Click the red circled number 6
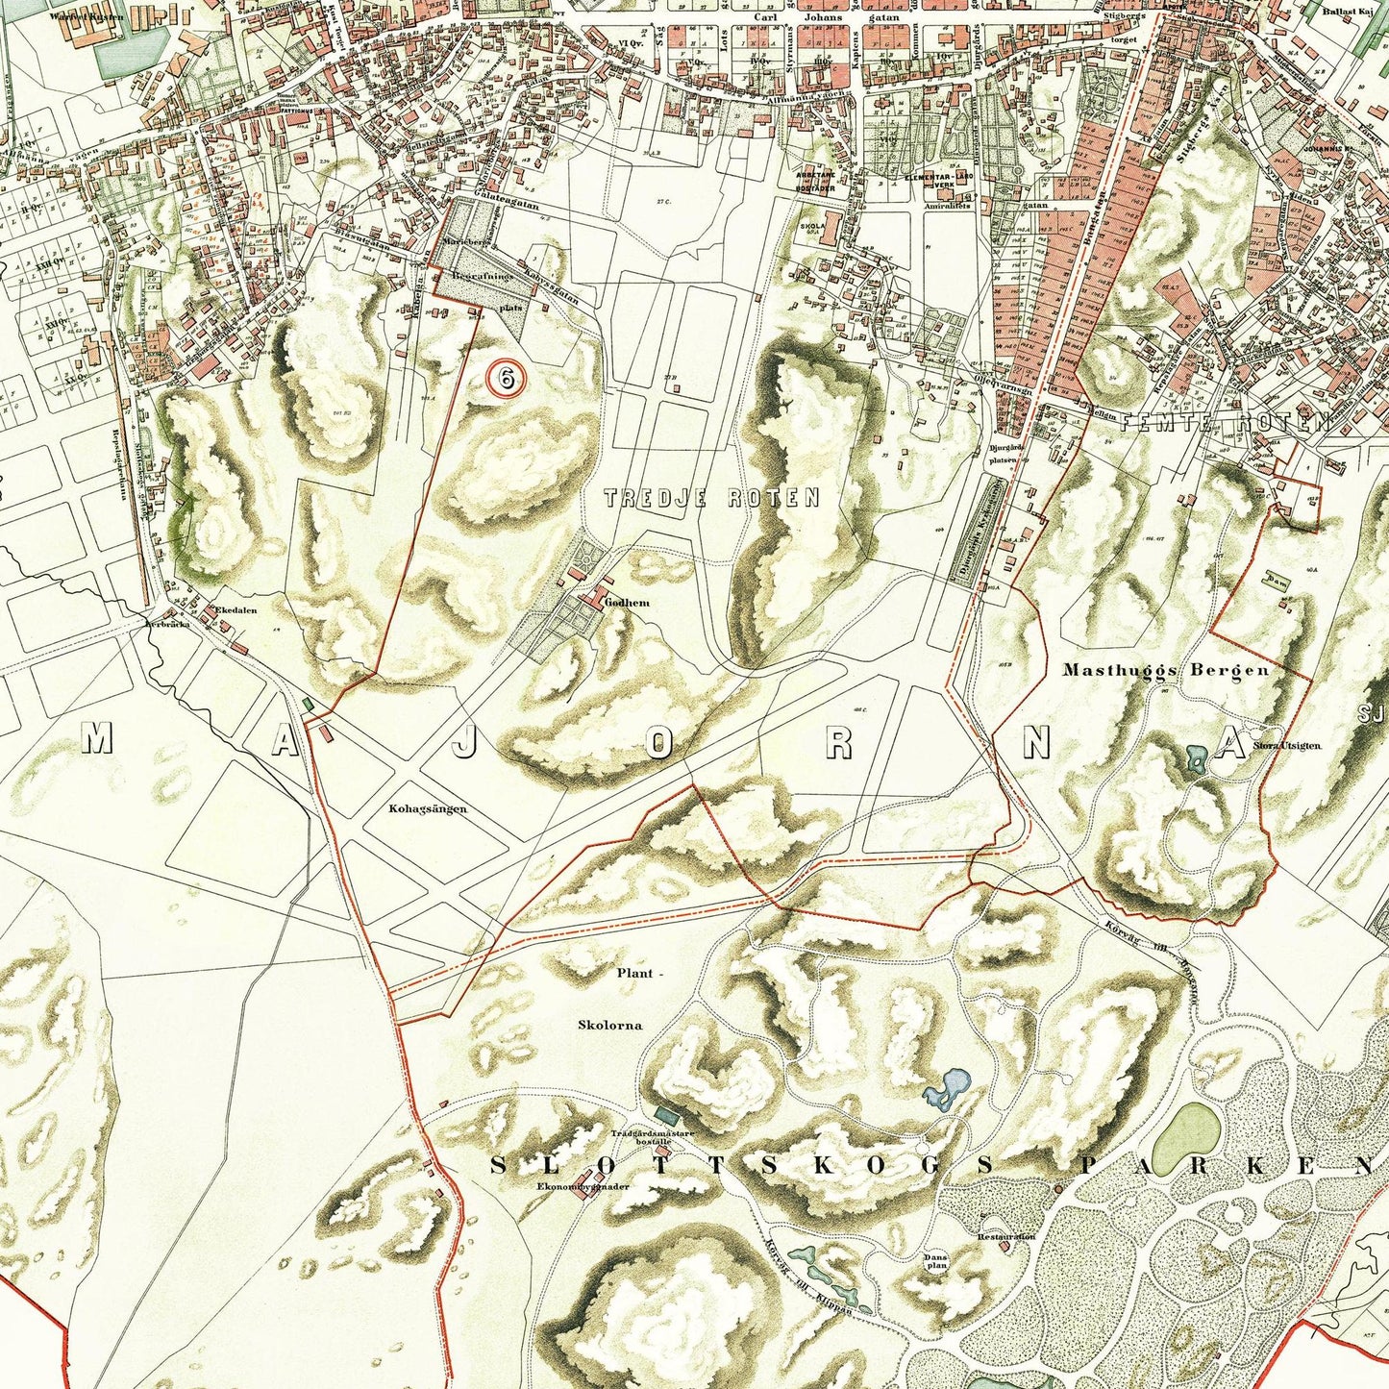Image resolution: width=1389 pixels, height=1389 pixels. tap(506, 378)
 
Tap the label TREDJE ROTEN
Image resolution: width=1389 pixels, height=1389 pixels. tap(711, 498)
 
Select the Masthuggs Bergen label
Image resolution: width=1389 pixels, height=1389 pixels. tap(1165, 670)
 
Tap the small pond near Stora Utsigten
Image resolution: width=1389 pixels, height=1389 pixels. tap(1197, 759)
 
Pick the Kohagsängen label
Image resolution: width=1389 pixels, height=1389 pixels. tap(428, 808)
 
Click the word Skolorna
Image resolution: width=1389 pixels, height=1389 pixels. tap(609, 1025)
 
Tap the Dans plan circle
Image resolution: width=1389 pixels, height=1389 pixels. tap(935, 1261)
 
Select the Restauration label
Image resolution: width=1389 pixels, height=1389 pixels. tap(1005, 1236)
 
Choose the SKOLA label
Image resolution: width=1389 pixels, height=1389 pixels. tap(812, 227)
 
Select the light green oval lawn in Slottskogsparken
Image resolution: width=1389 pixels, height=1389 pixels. tap(1185, 1138)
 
